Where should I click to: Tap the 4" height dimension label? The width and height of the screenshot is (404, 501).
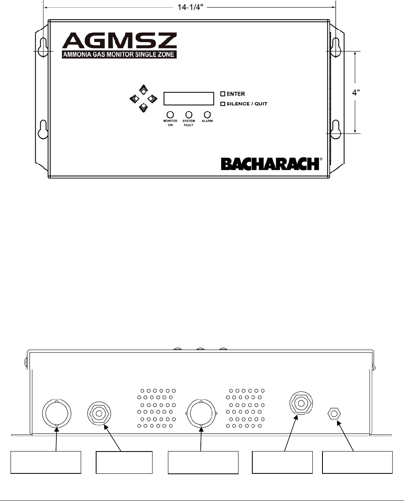[356, 92]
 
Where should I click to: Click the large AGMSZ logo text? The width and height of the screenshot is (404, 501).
[119, 41]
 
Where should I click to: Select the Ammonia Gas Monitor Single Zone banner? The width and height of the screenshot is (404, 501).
[119, 54]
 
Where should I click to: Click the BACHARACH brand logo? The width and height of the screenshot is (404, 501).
[270, 164]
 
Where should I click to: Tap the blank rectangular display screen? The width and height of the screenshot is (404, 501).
[189, 99]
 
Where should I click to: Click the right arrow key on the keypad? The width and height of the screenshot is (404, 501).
[152, 99]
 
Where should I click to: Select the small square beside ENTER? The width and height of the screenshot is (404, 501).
[222, 94]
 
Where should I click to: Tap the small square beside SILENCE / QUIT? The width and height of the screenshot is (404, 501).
[222, 104]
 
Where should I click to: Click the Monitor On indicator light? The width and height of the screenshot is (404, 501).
[170, 114]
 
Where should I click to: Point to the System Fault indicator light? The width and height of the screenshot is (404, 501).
[189, 114]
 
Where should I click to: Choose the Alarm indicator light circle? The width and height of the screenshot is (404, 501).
[207, 114]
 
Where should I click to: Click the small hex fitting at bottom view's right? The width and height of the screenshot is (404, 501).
[333, 414]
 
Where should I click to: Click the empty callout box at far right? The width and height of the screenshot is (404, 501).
[357, 462]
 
